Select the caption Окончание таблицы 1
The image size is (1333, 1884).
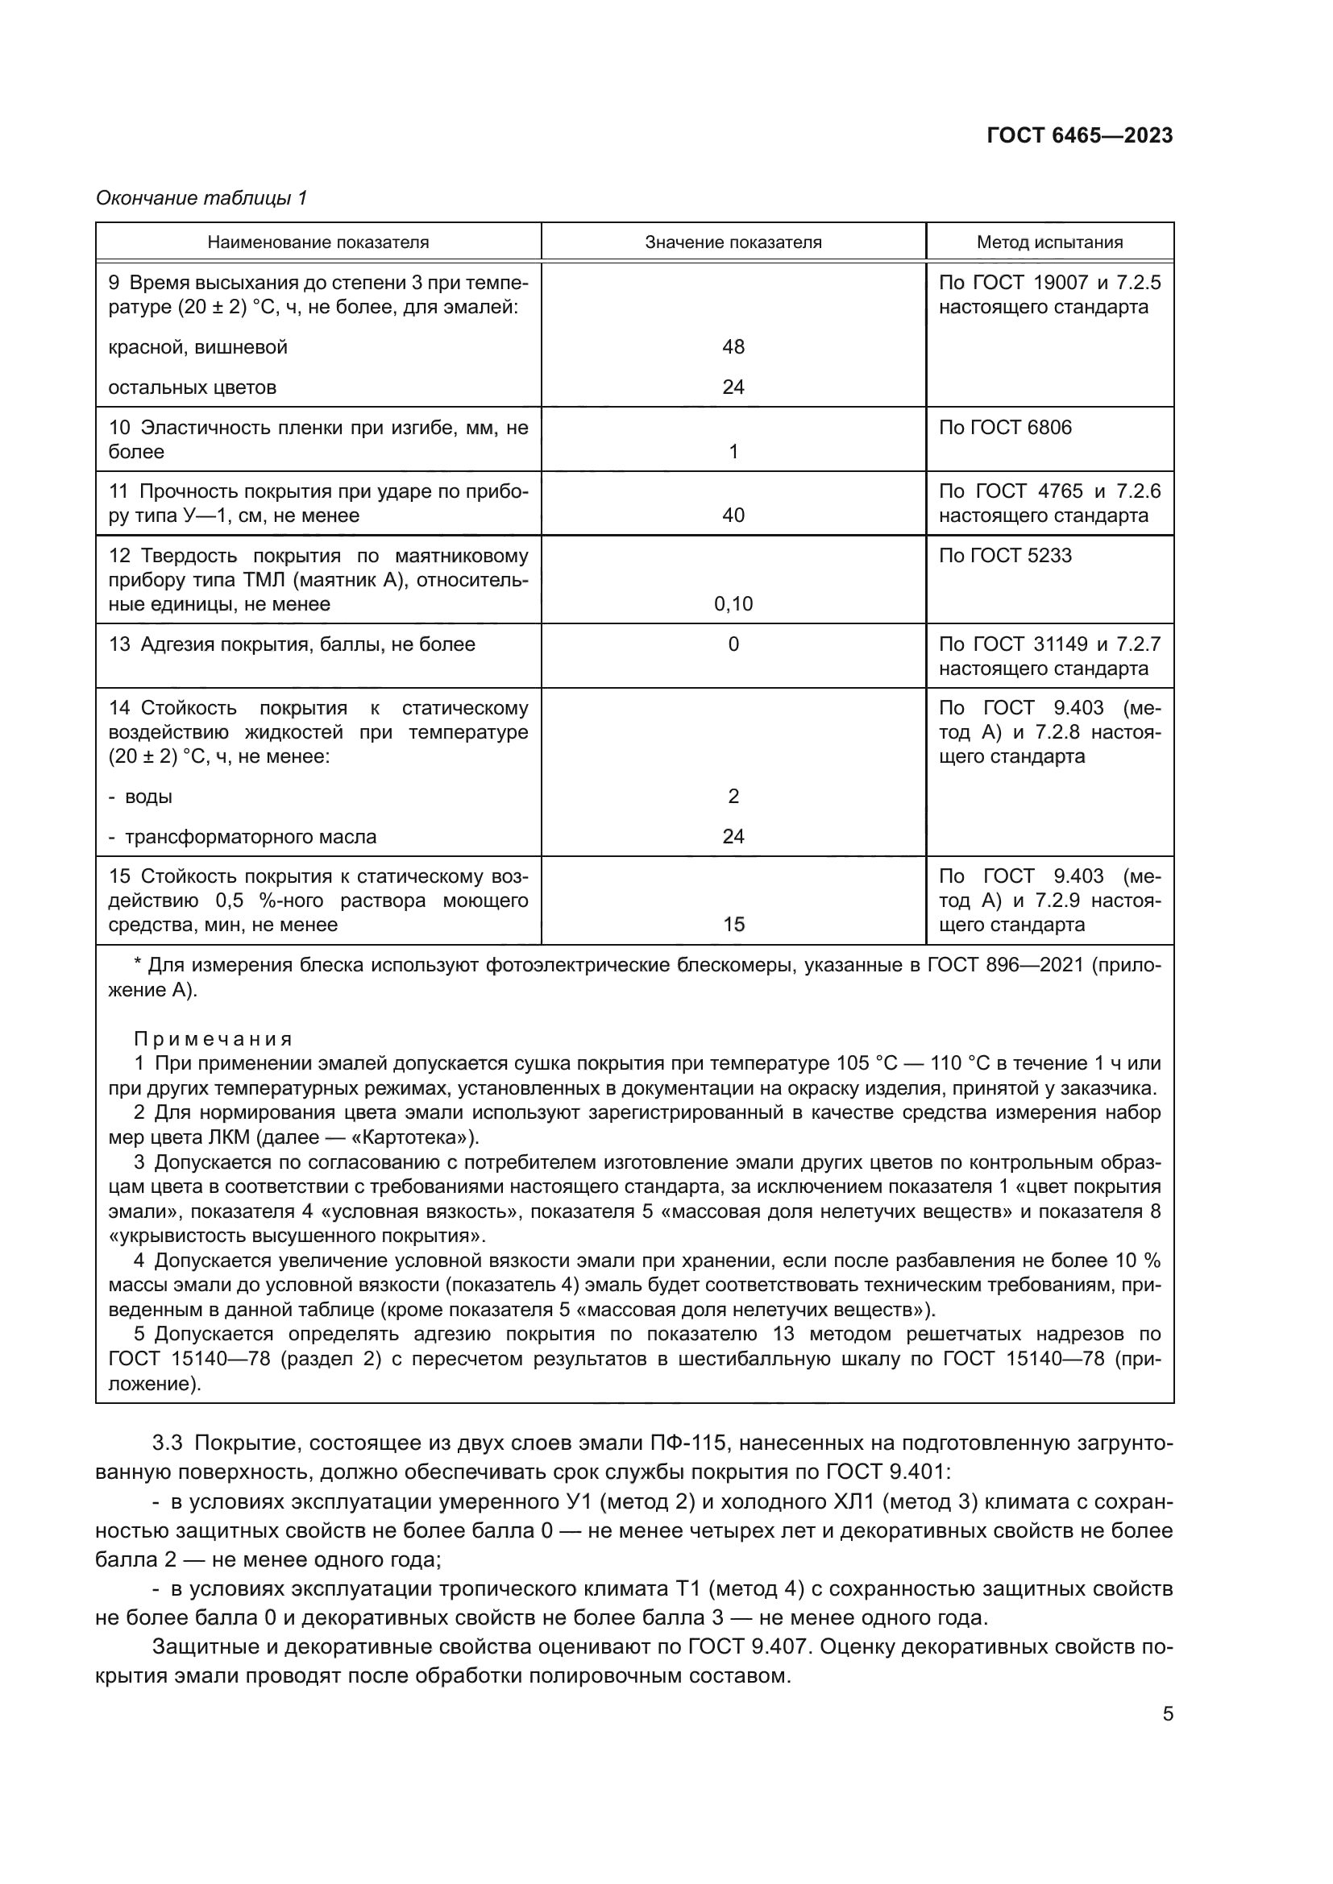point(201,198)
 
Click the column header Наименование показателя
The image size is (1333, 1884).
point(318,242)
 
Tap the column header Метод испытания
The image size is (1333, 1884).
point(1049,242)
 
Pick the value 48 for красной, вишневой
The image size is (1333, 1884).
point(733,347)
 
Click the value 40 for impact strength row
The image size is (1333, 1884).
point(733,516)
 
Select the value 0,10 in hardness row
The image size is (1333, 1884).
point(733,605)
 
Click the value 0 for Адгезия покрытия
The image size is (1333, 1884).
point(733,644)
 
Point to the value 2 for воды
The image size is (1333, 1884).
point(733,797)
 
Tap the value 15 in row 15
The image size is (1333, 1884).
point(733,925)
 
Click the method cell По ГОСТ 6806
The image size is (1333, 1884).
point(1005,428)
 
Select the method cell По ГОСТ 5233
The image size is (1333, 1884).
point(1005,556)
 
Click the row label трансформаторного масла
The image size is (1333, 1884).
point(251,837)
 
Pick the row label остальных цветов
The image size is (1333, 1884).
point(192,387)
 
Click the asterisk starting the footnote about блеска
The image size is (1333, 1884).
point(137,964)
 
